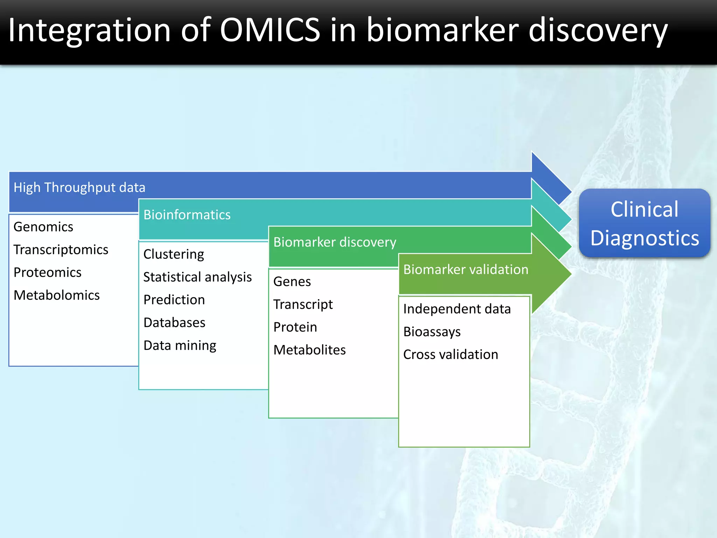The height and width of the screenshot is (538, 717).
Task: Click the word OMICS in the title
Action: (270, 30)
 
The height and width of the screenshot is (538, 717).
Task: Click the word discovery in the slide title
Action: (598, 31)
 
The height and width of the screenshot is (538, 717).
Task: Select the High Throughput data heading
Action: (79, 187)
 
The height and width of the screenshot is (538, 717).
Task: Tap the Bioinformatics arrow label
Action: (187, 215)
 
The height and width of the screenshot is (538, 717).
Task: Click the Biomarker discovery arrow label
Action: (334, 242)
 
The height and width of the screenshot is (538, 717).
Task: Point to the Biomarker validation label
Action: (465, 269)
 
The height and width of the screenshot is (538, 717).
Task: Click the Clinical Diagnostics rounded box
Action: (644, 223)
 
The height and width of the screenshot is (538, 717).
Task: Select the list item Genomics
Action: (43, 227)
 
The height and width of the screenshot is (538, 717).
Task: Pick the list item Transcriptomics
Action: (61, 249)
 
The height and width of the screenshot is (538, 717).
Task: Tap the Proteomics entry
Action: (47, 272)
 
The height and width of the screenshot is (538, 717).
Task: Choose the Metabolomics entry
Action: (56, 295)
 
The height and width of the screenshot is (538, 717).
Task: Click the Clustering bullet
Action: (173, 254)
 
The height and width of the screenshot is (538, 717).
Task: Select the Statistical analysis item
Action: (197, 277)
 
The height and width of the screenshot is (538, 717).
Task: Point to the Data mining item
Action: (180, 345)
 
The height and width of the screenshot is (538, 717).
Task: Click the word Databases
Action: (174, 322)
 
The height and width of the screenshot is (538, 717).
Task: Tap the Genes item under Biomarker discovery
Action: (292, 281)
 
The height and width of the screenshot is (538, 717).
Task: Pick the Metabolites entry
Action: (309, 350)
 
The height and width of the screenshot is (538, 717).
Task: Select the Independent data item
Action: (457, 309)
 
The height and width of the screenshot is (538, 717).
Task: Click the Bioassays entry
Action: (432, 331)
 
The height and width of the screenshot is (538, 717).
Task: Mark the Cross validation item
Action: (450, 354)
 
